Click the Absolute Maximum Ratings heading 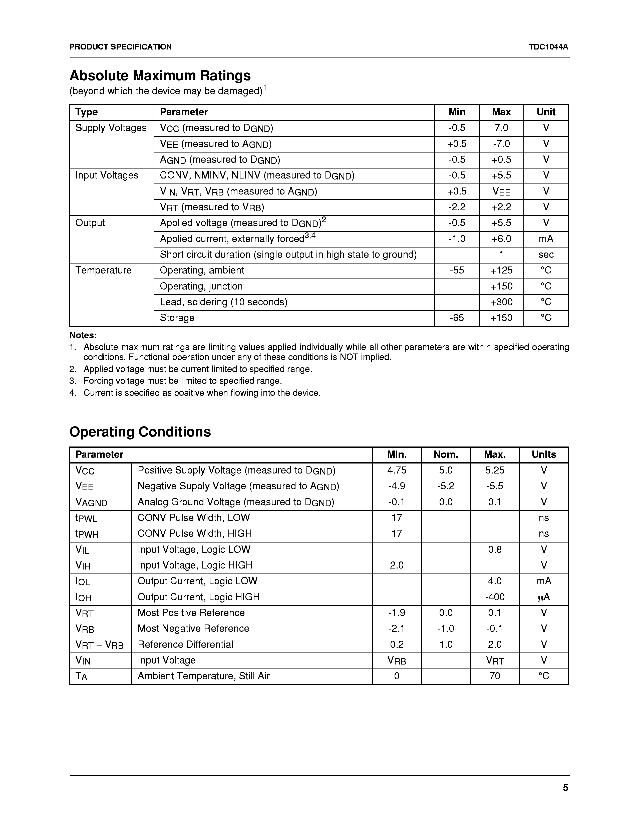point(160,75)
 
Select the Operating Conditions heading point(140,432)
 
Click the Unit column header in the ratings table point(546,112)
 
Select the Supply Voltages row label point(111,128)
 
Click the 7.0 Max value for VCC point(501,128)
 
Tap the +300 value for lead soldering point(501,302)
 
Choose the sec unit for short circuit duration point(546,254)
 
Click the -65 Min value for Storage point(457,318)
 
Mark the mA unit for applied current point(546,239)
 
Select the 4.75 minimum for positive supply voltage point(397,470)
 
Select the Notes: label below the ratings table point(83,335)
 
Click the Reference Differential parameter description point(185,644)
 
